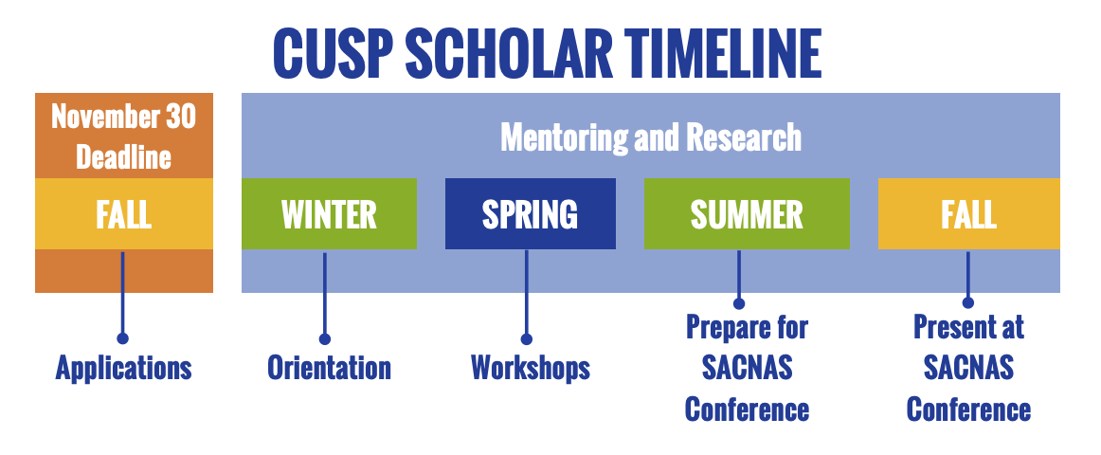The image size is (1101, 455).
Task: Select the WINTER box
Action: (329, 213)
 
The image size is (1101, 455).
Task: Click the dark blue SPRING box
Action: (531, 213)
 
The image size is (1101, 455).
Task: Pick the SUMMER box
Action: (747, 213)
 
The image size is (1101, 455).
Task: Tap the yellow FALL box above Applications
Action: (123, 213)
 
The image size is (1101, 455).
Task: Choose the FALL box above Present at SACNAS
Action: (969, 213)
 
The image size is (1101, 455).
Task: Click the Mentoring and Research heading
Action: (651, 136)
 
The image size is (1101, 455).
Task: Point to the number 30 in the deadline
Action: (180, 117)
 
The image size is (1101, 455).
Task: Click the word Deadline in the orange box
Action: (123, 155)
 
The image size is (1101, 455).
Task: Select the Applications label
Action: (123, 367)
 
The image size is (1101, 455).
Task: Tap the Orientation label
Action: (329, 367)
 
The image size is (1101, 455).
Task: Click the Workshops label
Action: (531, 367)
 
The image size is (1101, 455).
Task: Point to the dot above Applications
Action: (123, 338)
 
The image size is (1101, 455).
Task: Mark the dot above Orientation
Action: (324, 339)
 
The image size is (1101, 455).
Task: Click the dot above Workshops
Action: (526, 339)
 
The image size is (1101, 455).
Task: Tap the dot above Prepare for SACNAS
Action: (739, 303)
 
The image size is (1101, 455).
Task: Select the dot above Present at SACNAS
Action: (968, 302)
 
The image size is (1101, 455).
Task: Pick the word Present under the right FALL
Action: (950, 327)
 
